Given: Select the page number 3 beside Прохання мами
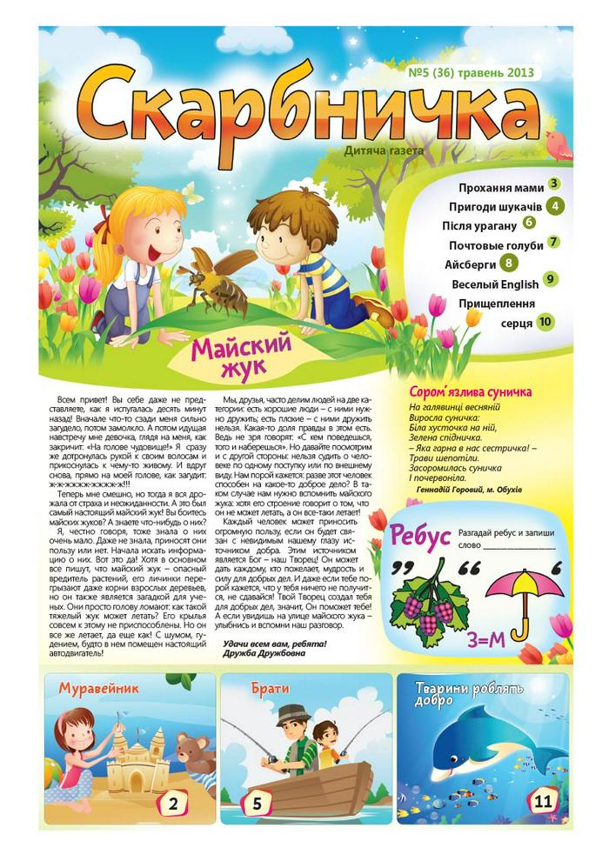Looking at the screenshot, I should [553, 184].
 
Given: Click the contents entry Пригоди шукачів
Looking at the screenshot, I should [496, 206].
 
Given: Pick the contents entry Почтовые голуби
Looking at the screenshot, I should [492, 244].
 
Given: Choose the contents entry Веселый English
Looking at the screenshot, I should [495, 284].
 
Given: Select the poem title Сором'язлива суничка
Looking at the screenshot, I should [465, 393].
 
